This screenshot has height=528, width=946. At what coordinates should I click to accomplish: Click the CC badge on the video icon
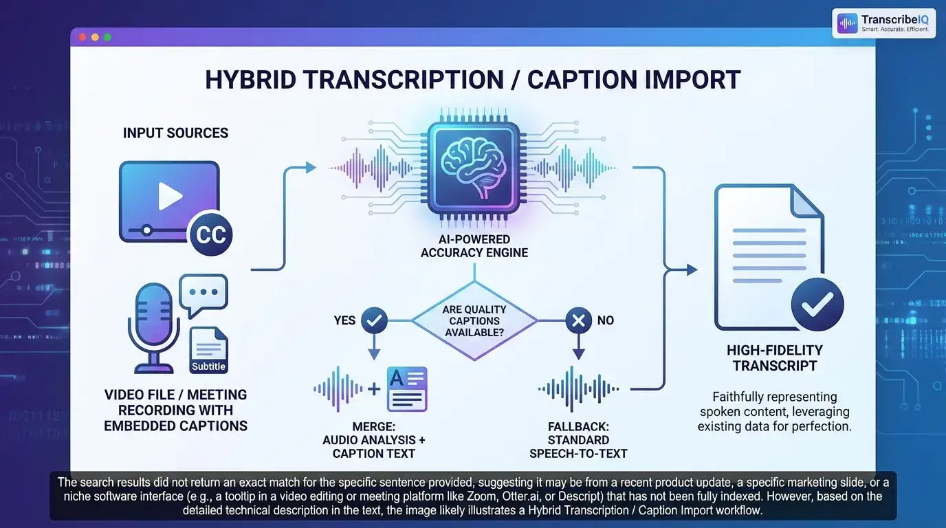(211, 234)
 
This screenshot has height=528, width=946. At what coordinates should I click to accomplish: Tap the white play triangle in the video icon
(170, 196)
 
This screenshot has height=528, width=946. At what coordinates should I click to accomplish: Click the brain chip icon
(474, 168)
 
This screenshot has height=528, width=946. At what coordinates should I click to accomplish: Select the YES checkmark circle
(374, 320)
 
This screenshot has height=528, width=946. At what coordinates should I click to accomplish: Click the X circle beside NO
(578, 320)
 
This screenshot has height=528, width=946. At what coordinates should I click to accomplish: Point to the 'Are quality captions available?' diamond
(474, 321)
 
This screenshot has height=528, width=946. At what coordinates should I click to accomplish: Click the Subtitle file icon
(208, 350)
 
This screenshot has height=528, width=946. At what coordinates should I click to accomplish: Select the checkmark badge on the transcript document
(817, 304)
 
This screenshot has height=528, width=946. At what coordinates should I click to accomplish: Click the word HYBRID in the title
(250, 80)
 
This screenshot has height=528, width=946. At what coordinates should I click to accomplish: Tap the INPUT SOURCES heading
(176, 133)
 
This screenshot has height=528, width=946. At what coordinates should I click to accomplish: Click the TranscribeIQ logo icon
(847, 23)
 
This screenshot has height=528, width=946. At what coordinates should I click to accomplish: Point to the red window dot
(82, 37)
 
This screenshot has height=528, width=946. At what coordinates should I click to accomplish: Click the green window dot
(108, 37)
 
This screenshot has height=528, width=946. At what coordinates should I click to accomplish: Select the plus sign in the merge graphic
(374, 389)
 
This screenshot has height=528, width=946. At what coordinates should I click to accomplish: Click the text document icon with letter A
(407, 389)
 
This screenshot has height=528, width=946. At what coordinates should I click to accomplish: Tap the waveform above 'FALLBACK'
(578, 389)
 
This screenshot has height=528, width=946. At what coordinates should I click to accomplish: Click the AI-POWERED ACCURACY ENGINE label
(474, 246)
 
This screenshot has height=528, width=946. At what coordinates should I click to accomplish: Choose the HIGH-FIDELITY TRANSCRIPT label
(775, 357)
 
